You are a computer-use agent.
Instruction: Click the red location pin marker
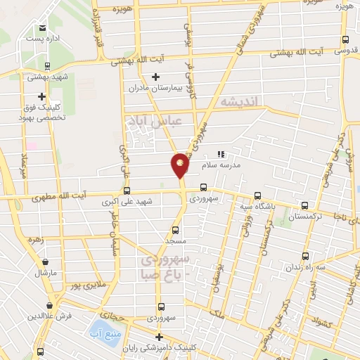(181, 165)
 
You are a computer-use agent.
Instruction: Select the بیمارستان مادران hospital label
(155, 89)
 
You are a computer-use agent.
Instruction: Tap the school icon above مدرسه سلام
(220, 153)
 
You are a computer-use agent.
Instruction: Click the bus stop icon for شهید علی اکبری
(127, 190)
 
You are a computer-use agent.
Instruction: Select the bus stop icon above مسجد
(175, 229)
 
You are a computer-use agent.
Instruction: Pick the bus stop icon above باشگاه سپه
(258, 195)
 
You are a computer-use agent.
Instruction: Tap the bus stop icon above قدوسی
(344, 40)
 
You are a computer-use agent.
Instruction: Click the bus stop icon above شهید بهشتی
(47, 66)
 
